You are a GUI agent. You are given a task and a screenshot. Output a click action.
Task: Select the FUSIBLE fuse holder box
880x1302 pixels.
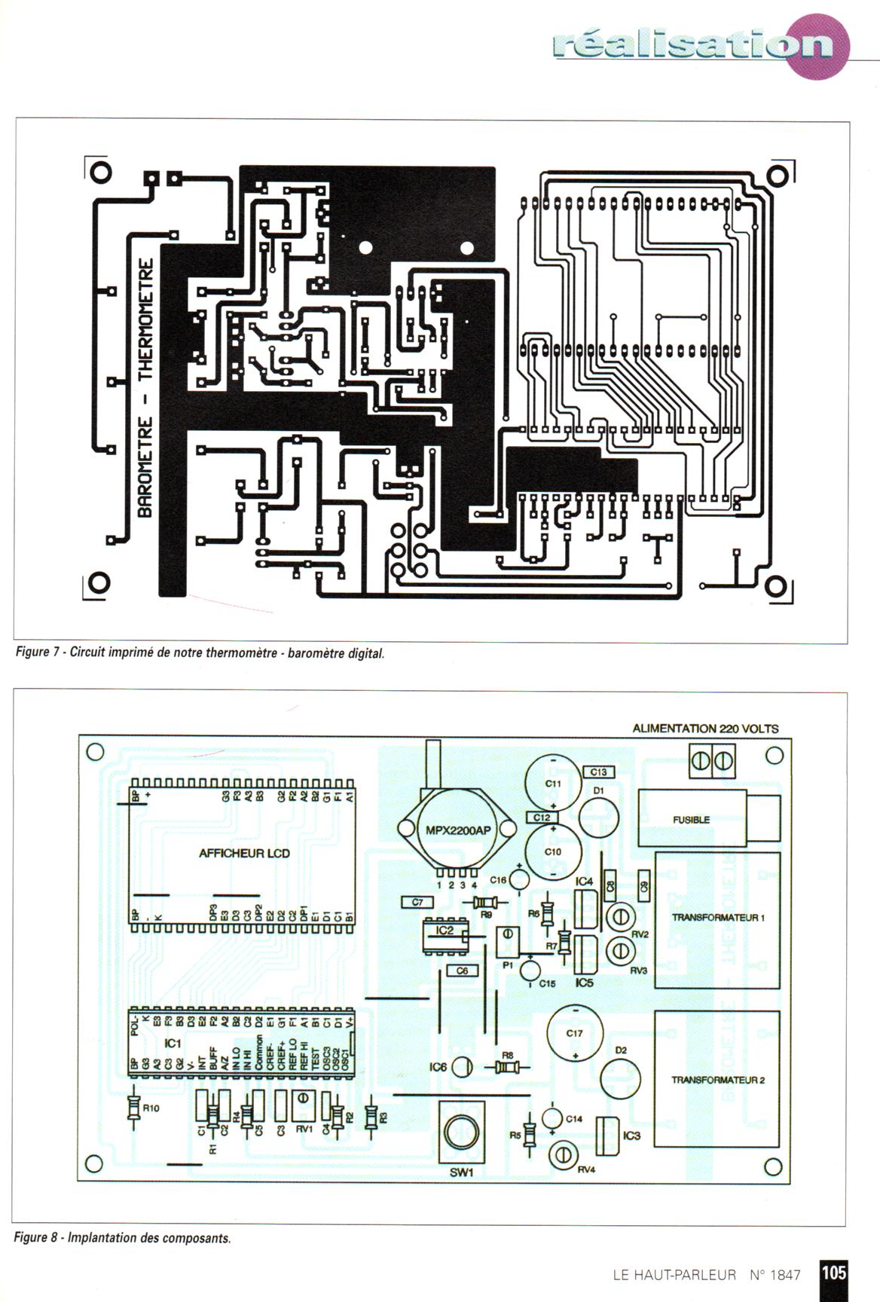tap(691, 819)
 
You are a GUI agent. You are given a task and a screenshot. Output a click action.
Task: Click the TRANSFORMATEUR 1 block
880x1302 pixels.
tap(717, 918)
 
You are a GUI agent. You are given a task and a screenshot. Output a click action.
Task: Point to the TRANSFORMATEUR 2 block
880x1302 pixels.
tap(717, 1080)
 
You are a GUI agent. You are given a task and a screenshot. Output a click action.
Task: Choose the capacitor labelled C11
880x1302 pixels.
tap(554, 784)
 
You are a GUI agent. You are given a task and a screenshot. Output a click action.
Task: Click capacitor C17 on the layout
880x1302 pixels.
tap(575, 1034)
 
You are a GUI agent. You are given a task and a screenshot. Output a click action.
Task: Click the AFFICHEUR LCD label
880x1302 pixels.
tap(244, 854)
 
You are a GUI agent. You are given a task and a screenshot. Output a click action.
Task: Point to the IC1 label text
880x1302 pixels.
tap(173, 1044)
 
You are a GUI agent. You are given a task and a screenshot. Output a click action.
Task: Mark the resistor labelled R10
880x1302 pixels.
tap(134, 1108)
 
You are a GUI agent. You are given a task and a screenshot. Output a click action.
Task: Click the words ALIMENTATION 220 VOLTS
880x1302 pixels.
tap(705, 729)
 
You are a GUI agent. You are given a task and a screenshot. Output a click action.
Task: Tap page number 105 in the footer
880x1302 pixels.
tap(834, 1273)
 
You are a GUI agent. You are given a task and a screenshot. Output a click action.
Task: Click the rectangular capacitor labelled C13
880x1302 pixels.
tap(599, 772)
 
